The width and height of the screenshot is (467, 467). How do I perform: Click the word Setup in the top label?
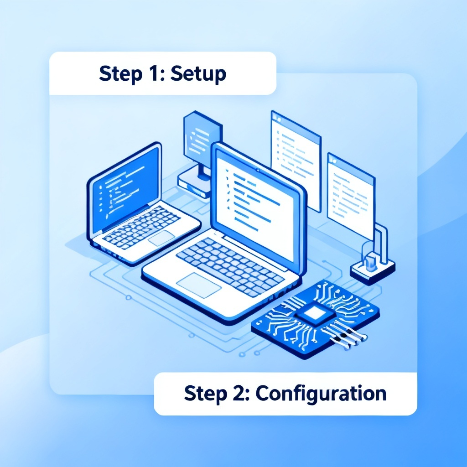coord(198,73)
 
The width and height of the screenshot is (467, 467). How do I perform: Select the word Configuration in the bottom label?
coord(321,394)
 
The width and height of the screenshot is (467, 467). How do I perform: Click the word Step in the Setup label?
coord(120,74)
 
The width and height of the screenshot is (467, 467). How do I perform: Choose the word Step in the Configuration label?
coord(206,394)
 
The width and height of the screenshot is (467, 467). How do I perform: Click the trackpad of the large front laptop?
coord(199,285)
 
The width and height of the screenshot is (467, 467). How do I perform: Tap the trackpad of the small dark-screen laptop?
coord(161,238)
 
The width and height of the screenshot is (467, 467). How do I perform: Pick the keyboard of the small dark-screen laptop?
coord(141,226)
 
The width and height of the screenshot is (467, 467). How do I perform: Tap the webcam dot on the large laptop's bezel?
coord(258,171)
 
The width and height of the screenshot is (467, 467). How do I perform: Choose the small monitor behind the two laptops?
coord(202,137)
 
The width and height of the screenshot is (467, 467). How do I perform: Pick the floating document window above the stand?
coord(351,195)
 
